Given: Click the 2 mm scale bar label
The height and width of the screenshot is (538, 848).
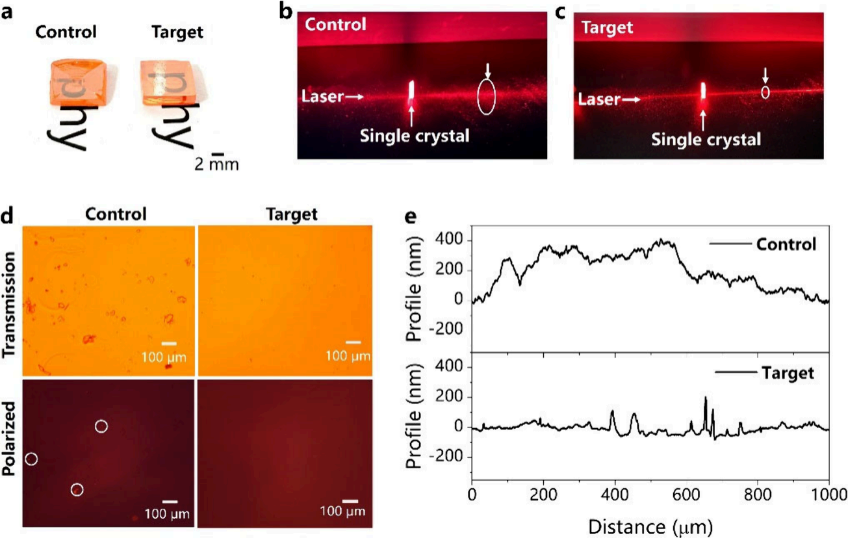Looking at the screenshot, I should tap(216, 164).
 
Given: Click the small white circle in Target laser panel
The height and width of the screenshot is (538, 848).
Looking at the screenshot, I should tap(765, 92).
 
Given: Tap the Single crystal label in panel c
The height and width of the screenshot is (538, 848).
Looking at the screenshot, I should tap(706, 138).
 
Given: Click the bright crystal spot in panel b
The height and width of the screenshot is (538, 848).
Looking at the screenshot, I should tap(411, 93).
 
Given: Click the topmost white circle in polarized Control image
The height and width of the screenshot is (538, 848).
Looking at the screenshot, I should tap(101, 426).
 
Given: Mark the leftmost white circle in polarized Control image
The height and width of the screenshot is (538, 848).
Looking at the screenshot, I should tap(31, 459).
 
